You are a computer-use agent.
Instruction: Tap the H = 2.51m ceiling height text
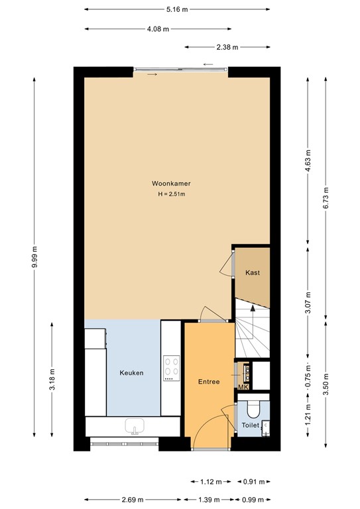pos(171,194)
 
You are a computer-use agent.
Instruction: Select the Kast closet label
pos(252,273)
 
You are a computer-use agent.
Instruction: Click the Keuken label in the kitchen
pos(131,373)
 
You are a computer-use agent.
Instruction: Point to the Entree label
pos(209,382)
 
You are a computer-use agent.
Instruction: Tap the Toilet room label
pos(250,425)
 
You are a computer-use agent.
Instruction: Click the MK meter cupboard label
pos(243,386)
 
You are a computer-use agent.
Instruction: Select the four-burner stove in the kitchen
pos(172,367)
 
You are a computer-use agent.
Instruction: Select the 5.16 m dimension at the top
pos(178,10)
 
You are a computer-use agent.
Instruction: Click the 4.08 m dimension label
pos(158,29)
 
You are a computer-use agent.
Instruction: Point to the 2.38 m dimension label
pos(228,48)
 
